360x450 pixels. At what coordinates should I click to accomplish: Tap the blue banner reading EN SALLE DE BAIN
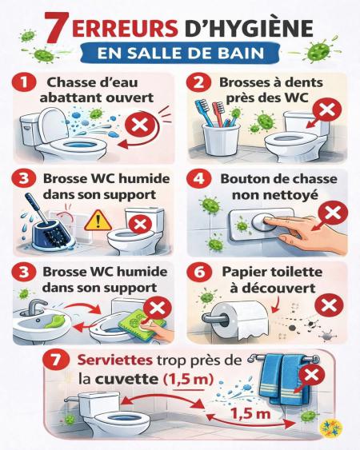coord(180,53)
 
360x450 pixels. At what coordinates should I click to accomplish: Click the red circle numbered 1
coord(24,82)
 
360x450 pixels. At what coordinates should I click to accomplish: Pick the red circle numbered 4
coord(199,178)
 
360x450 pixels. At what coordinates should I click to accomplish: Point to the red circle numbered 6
coord(199,272)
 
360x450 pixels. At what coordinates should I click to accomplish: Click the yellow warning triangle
coord(98,221)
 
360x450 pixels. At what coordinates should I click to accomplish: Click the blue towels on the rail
coord(285,379)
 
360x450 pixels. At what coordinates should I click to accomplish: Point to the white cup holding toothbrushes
coord(221,139)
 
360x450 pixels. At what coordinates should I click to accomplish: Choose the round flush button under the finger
coord(264,222)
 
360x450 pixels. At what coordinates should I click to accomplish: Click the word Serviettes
coord(115,360)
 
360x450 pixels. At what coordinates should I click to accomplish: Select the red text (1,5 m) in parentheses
coord(188,380)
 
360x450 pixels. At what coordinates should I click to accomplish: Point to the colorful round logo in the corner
coord(331,427)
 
